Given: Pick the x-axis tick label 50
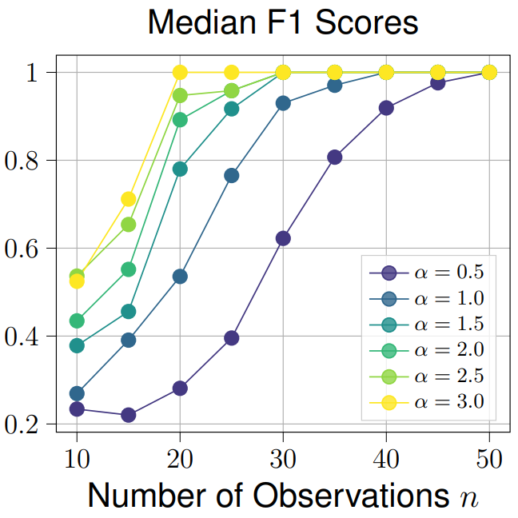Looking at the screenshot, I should click(x=488, y=459).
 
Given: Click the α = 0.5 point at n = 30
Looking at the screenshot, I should click(x=283, y=238).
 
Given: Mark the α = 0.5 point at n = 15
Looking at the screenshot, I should click(x=128, y=415).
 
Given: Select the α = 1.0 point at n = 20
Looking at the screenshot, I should click(x=180, y=277).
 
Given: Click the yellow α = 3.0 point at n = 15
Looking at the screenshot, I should click(x=128, y=199).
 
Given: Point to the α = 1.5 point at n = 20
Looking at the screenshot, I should click(x=180, y=169).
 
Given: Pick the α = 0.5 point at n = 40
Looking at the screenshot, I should click(x=386, y=108).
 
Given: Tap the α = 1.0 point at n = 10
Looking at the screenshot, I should click(x=77, y=393).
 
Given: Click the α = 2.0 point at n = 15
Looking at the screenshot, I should click(x=128, y=269).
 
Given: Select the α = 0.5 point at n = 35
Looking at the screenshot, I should click(x=335, y=157).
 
